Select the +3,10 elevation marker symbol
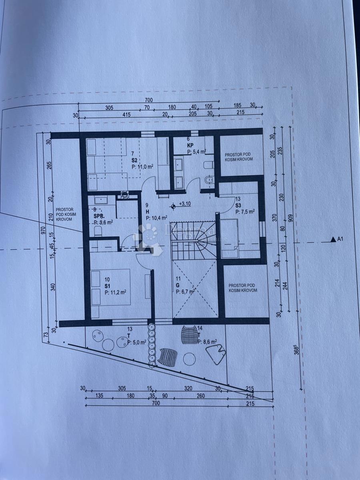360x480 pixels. point(173,206)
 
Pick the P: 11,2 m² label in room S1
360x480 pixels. point(116,292)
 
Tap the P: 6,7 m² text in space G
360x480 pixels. point(185,292)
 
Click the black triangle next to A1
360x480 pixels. point(333,240)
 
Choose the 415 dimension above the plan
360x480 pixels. point(127,115)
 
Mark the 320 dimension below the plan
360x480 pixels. point(188,388)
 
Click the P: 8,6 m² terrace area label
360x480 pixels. point(207,342)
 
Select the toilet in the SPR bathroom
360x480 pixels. point(96,231)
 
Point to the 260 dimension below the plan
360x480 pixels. point(200,396)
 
